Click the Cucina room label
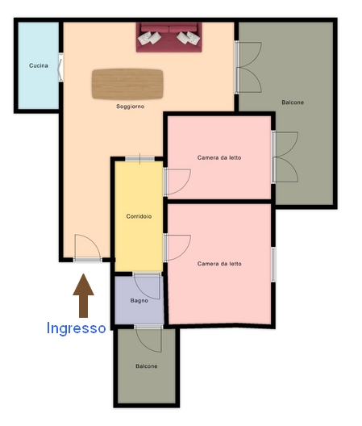tap(39, 65)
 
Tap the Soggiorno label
tap(130, 106)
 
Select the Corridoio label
tap(139, 216)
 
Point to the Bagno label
tap(139, 300)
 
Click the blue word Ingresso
tap(76, 328)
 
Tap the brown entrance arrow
tap(83, 295)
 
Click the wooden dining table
tap(127, 84)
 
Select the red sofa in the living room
tap(169, 37)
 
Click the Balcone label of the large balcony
tap(293, 102)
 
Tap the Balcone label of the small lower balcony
tap(147, 366)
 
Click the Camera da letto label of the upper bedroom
tap(219, 157)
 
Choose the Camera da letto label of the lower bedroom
tap(219, 264)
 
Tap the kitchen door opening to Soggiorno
tap(60, 68)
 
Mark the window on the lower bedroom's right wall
tap(273, 265)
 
